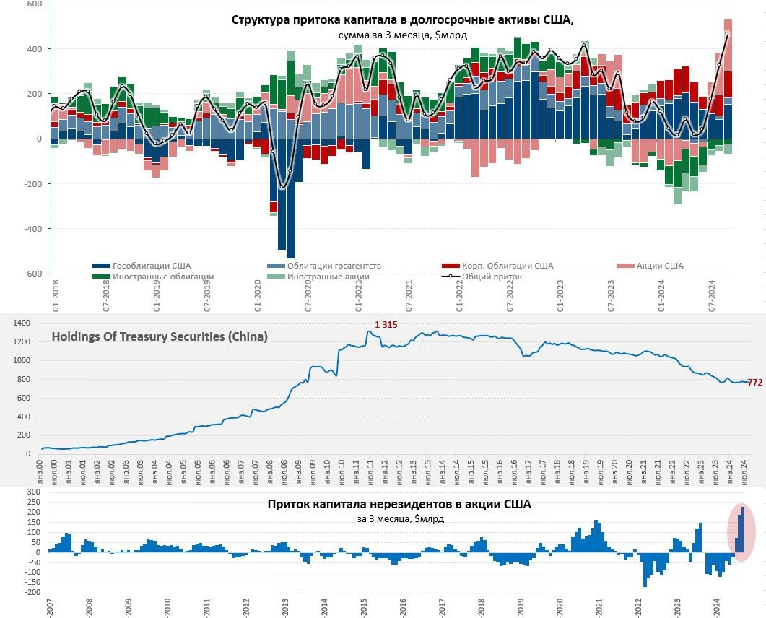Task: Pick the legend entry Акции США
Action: [660, 266]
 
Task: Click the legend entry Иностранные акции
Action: [328, 276]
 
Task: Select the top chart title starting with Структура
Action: [402, 20]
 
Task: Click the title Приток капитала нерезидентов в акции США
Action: [399, 505]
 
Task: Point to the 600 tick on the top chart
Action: [34, 4]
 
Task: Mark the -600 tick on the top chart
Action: [32, 274]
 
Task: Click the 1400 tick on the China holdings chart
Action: [21, 323]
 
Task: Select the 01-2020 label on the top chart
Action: [258, 297]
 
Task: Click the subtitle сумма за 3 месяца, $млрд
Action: [401, 35]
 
